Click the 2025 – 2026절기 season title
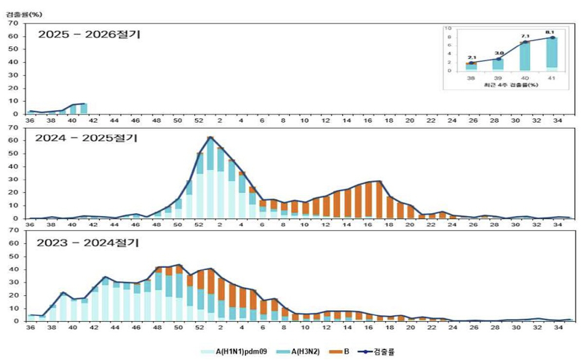coord(89,35)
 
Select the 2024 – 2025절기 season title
coord(86,138)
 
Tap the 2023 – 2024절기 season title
coord(86,243)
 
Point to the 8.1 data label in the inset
coord(551,32)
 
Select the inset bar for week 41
coord(552,54)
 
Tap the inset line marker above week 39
coord(498,59)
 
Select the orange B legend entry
coord(341,351)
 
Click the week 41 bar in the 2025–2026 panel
coord(84,109)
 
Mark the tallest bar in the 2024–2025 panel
coord(210,178)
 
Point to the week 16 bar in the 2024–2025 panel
coord(369,200)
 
